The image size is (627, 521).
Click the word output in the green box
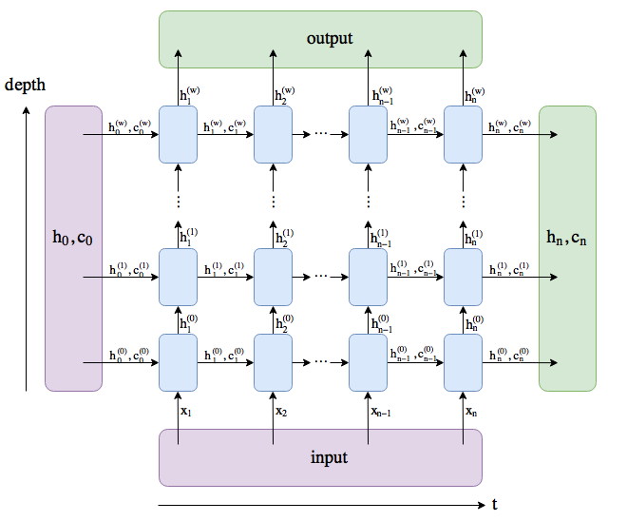pyautogui.click(x=330, y=39)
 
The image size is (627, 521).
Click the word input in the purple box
pyautogui.click(x=330, y=457)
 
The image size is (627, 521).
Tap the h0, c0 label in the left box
pyautogui.click(x=73, y=236)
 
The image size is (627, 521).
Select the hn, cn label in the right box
pyautogui.click(x=567, y=236)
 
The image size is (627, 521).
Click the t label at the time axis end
pyautogui.click(x=494, y=505)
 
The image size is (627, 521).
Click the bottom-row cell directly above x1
pyautogui.click(x=178, y=362)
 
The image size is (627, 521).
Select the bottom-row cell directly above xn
pyautogui.click(x=463, y=362)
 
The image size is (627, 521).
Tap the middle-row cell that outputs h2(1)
pyautogui.click(x=273, y=278)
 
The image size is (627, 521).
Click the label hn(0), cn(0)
pyautogui.click(x=510, y=353)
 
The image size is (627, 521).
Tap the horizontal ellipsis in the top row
pyautogui.click(x=320, y=134)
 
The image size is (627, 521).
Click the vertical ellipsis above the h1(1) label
pyautogui.click(x=178, y=201)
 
